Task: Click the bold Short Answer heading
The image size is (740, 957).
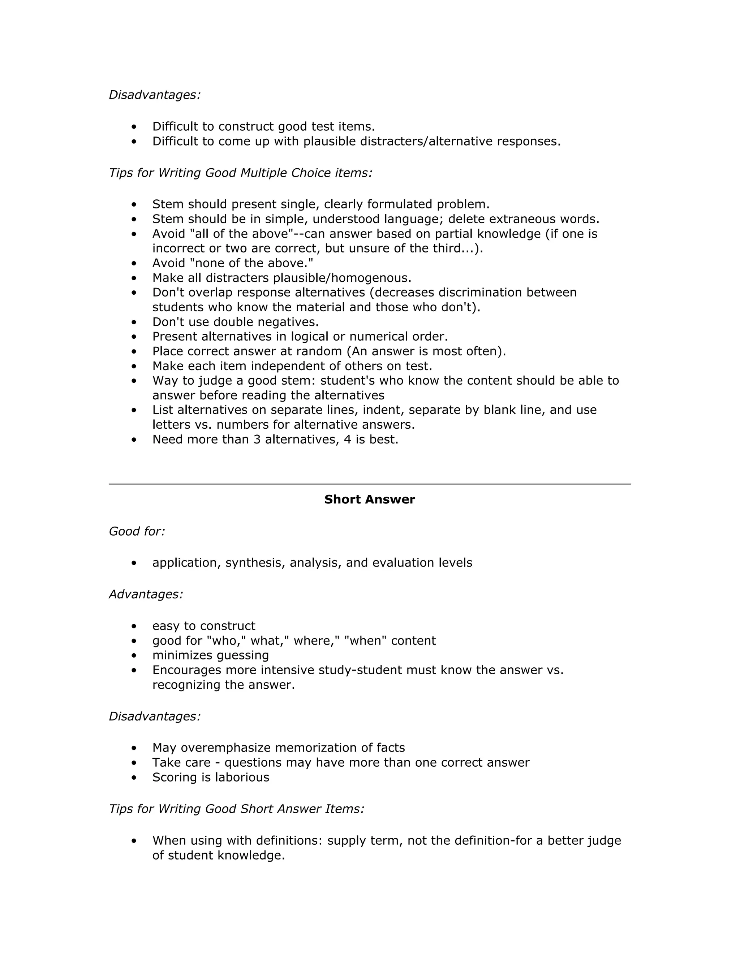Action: [369, 499]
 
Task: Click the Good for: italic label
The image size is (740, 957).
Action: [137, 532]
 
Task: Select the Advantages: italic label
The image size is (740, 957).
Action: [146, 595]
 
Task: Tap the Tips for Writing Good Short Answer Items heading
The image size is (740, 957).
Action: [236, 809]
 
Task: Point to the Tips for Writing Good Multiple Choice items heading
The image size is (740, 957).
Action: [240, 173]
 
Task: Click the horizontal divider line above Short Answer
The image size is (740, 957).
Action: [369, 484]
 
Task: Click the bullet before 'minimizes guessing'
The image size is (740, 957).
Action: [134, 655]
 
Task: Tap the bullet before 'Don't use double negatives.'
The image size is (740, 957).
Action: [134, 322]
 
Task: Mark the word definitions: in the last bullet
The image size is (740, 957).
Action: [289, 841]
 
